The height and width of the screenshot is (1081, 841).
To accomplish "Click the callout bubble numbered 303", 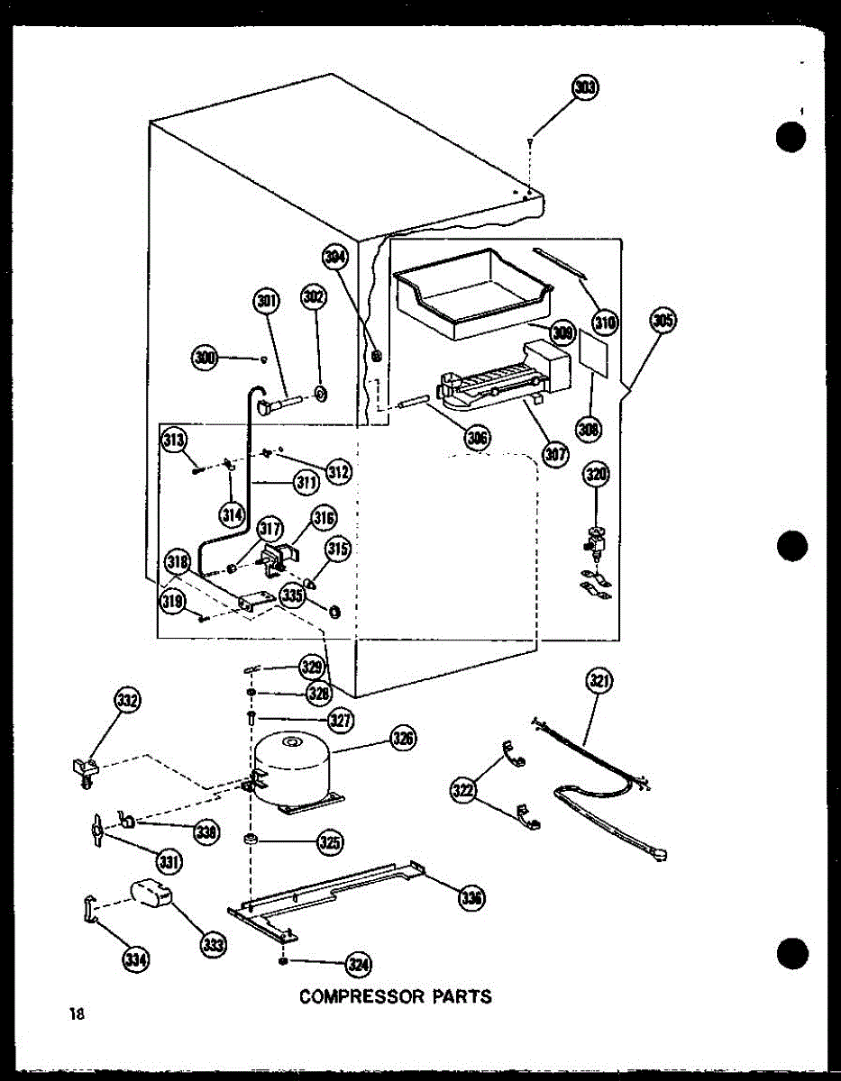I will point(585,88).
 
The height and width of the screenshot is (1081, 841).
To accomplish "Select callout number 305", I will point(663,322).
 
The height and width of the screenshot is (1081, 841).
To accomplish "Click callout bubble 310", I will point(604,321).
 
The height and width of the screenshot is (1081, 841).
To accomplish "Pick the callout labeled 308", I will point(590,429).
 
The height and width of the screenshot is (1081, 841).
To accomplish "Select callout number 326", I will point(402,739).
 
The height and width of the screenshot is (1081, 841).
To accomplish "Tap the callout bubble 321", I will point(598,682).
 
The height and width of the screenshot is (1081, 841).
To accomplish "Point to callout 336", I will point(471,897).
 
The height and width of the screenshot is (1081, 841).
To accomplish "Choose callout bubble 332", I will point(128,700).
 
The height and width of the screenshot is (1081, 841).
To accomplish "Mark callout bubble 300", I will point(205,359).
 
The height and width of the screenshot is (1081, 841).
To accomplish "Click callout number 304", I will point(335,259).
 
